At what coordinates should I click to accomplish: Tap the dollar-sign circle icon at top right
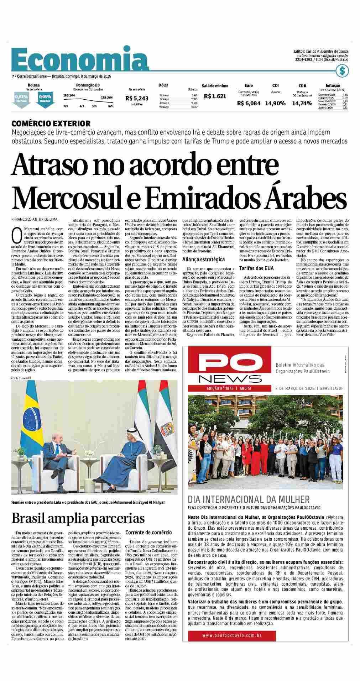point(342,71)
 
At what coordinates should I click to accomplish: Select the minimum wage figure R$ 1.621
point(215,96)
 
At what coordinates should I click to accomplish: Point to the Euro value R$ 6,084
point(249,104)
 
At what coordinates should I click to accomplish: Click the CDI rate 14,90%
point(275,104)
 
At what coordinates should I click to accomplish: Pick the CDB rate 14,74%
point(302,104)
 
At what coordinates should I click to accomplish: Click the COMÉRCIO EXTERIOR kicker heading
point(51,124)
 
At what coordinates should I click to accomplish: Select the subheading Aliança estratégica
point(203,260)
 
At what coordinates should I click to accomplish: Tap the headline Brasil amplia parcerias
point(78,518)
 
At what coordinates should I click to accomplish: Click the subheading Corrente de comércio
point(148,533)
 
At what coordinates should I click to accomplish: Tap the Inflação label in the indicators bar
point(332,85)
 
